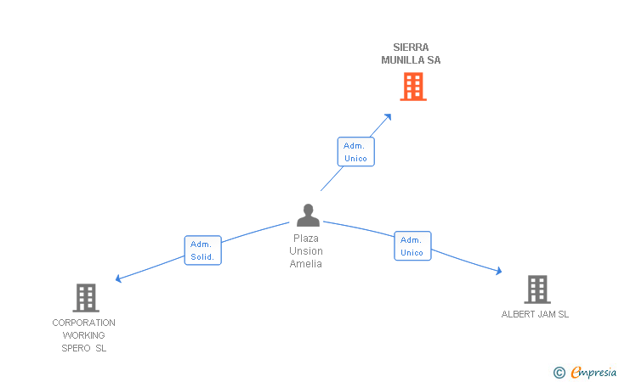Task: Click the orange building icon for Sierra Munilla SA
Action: pyautogui.click(x=413, y=87)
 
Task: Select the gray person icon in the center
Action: pyautogui.click(x=308, y=216)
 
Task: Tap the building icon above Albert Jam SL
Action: pyautogui.click(x=537, y=289)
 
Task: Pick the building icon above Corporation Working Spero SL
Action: pyautogui.click(x=86, y=298)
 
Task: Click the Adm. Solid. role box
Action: pyautogui.click(x=203, y=250)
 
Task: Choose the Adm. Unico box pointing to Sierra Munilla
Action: pyautogui.click(x=355, y=152)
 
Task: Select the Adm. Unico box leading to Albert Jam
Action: pyautogui.click(x=412, y=246)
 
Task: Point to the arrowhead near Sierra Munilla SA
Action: pyautogui.click(x=388, y=117)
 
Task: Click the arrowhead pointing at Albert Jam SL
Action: pyautogui.click(x=499, y=271)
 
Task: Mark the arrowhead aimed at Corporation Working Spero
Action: pyautogui.click(x=118, y=278)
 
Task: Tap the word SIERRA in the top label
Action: pyautogui.click(x=411, y=48)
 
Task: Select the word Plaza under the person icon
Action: pyautogui.click(x=306, y=239)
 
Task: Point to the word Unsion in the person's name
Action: pyautogui.click(x=306, y=251)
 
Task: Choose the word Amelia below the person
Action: pyautogui.click(x=306, y=264)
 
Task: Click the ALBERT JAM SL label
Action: pyautogui.click(x=535, y=314)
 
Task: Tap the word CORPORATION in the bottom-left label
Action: pyautogui.click(x=83, y=323)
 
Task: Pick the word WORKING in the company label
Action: pyautogui.click(x=83, y=335)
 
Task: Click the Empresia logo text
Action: pyautogui.click(x=593, y=373)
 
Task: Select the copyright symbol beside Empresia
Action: pyautogui.click(x=559, y=373)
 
